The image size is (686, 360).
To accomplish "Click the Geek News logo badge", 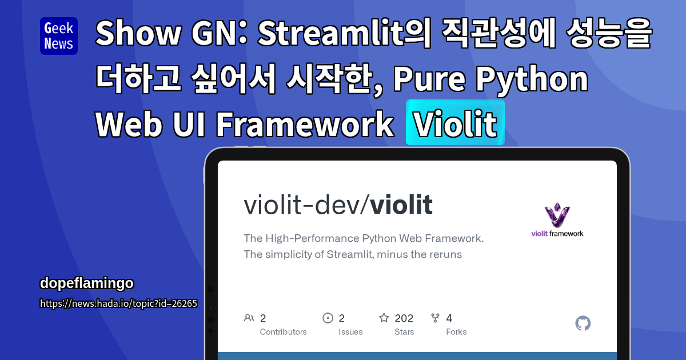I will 59,36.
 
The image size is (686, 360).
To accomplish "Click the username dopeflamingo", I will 87,283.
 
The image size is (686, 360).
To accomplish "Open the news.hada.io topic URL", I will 118,303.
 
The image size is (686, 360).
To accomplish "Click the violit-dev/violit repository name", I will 338,206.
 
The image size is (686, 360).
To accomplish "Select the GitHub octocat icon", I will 583,323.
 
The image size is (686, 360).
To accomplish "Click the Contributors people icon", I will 249,318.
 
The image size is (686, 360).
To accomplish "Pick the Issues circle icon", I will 328,318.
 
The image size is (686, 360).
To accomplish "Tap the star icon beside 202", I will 384,318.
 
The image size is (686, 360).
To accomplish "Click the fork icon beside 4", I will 435,318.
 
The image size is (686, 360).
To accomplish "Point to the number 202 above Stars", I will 404,318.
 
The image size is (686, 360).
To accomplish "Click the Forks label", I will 456,332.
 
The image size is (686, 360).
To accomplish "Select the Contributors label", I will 283,332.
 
